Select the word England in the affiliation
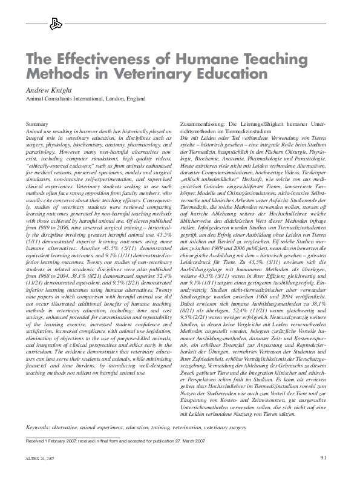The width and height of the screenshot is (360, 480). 136,98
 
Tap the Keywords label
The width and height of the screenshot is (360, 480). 39,427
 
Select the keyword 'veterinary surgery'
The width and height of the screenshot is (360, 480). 232,427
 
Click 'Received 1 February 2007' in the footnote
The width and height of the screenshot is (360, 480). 55,441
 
